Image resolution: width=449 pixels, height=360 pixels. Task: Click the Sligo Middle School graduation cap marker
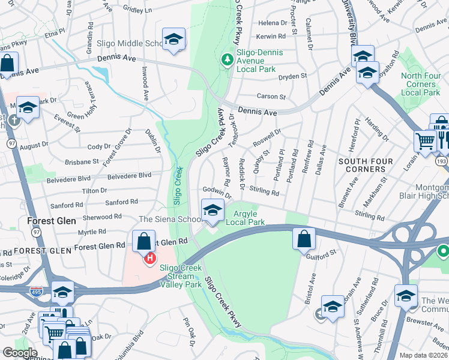[x=173, y=40]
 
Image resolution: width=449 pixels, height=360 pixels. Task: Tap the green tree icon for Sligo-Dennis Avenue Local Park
[x=227, y=59]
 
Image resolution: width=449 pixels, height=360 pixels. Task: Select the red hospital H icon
[x=149, y=258]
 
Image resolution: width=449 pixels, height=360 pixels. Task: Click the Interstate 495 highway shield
[x=36, y=291]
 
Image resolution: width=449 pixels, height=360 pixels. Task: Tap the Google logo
[x=20, y=353]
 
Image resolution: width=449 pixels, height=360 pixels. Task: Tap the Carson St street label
[x=271, y=96]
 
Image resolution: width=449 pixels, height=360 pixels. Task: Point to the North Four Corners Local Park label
[x=420, y=84]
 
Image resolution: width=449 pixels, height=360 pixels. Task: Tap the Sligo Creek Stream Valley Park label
[x=181, y=277]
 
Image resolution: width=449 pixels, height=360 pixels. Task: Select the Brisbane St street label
[x=82, y=161]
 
